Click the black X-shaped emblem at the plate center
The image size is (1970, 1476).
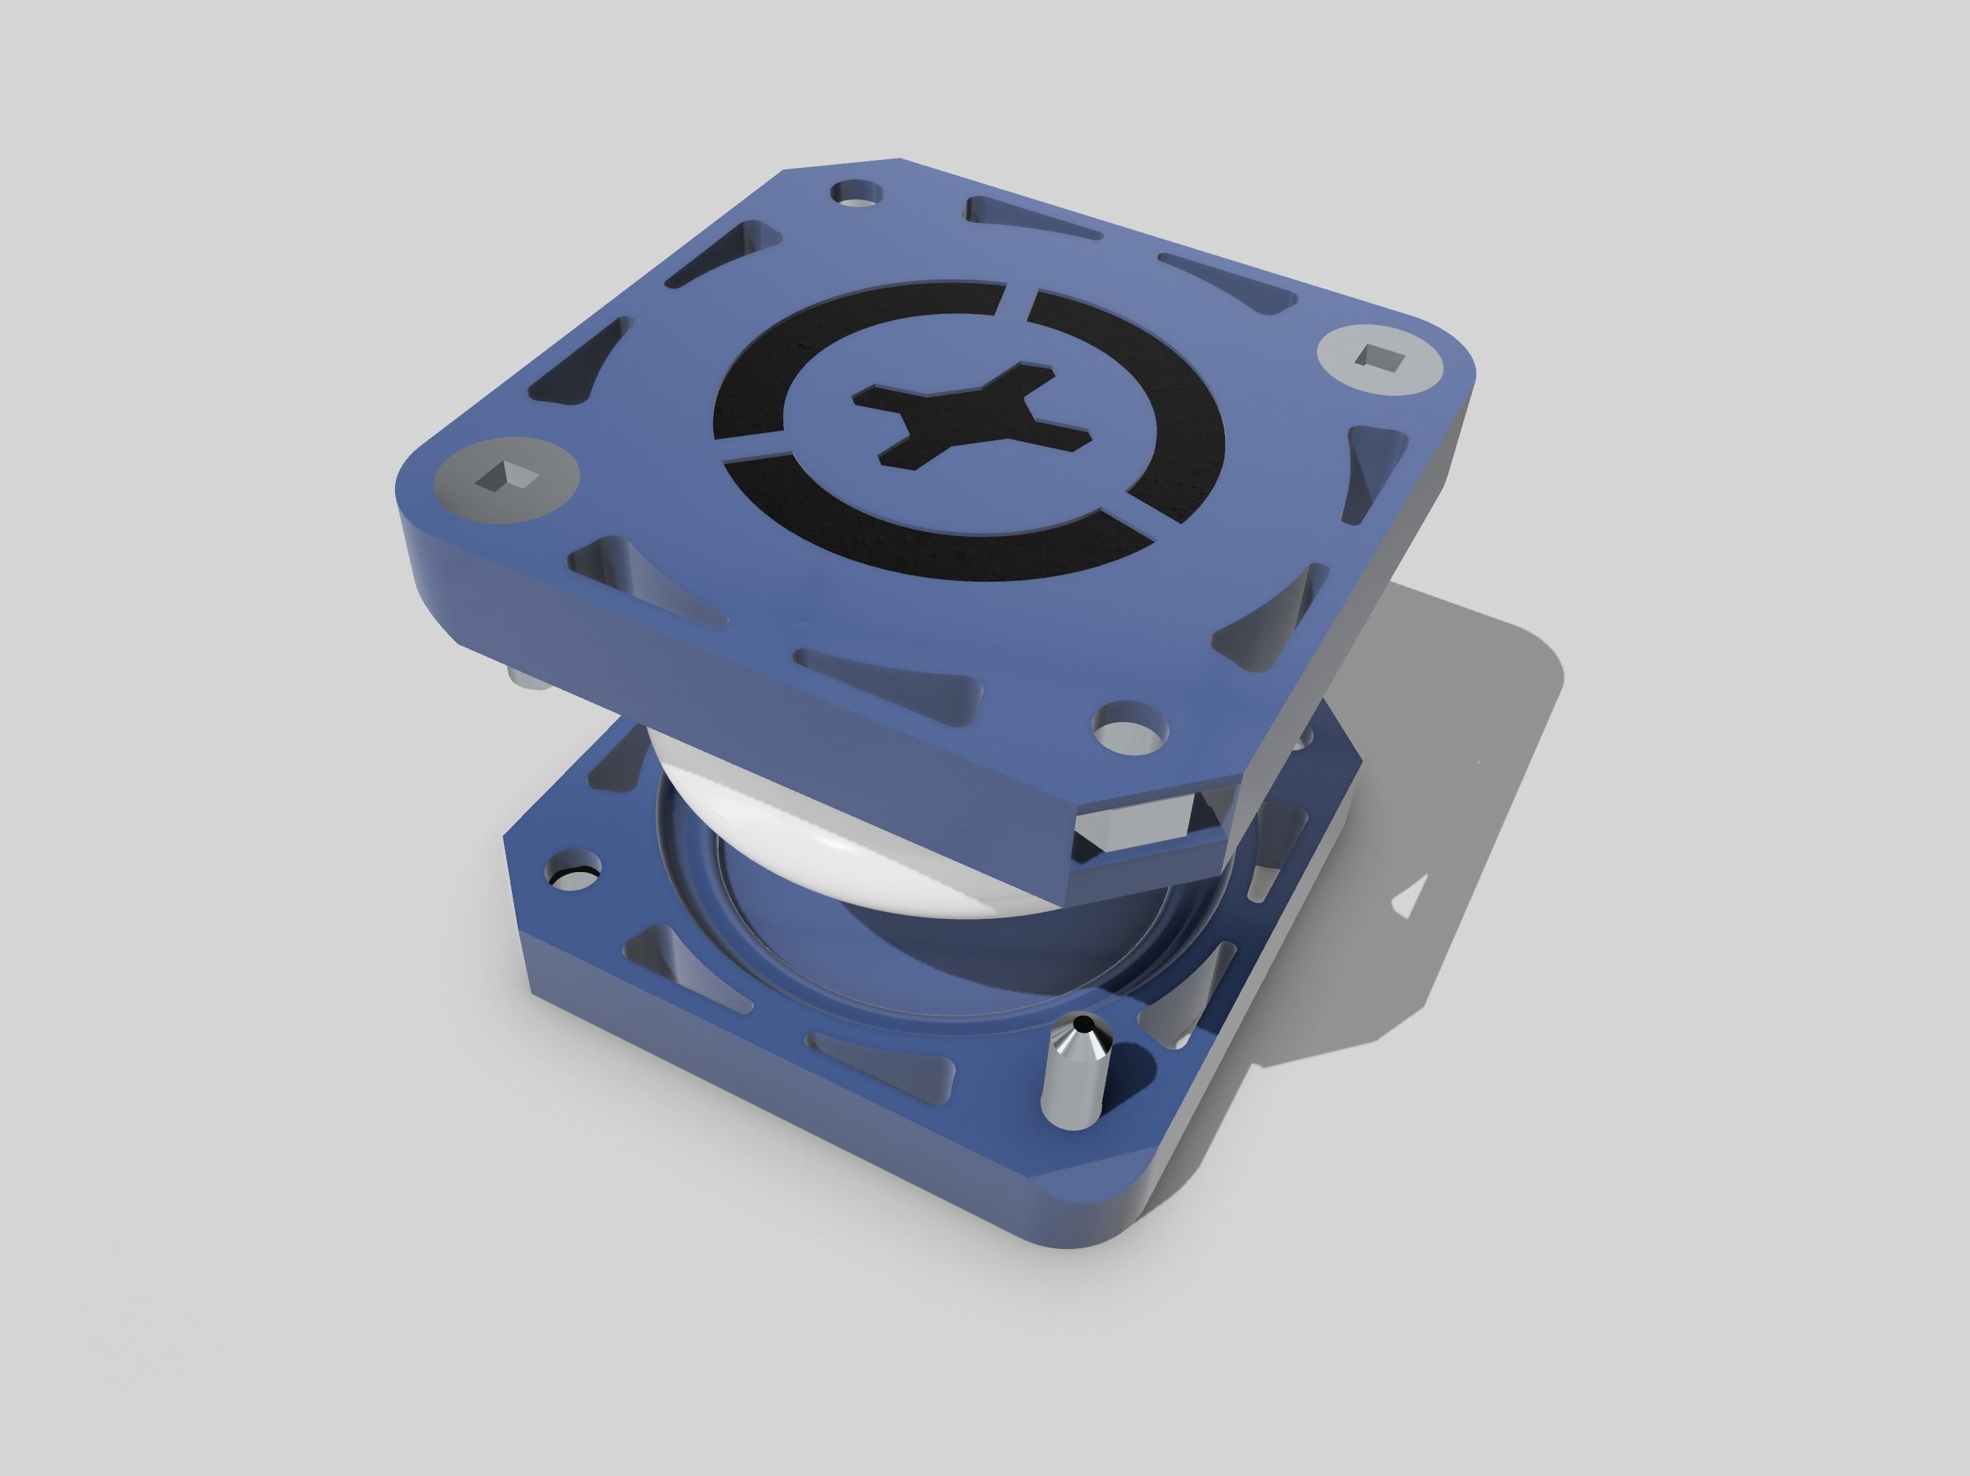coord(971,419)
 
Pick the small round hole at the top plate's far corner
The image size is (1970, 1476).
coord(857,193)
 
